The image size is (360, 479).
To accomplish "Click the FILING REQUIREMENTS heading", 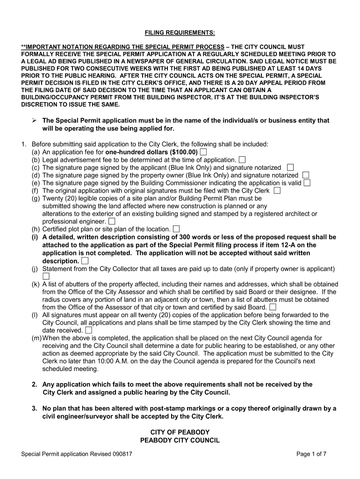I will (180, 32).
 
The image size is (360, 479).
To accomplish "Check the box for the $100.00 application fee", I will (203, 152).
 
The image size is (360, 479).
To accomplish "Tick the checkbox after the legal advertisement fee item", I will (242, 160).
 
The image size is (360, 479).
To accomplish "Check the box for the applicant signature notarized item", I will (290, 167).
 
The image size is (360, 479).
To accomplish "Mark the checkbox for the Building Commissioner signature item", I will (307, 183).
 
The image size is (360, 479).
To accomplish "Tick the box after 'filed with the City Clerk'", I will (277, 191).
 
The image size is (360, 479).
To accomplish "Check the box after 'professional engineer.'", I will (112, 221).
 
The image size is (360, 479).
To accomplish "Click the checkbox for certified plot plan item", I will (176, 229).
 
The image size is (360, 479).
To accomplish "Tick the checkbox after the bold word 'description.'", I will (85, 261).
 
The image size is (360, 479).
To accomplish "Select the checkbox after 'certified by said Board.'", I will (273, 307).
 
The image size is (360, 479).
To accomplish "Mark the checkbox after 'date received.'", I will (88, 330).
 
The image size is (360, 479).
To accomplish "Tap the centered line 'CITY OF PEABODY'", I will (180, 432).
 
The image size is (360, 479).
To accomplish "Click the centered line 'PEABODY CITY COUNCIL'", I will (180, 440).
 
